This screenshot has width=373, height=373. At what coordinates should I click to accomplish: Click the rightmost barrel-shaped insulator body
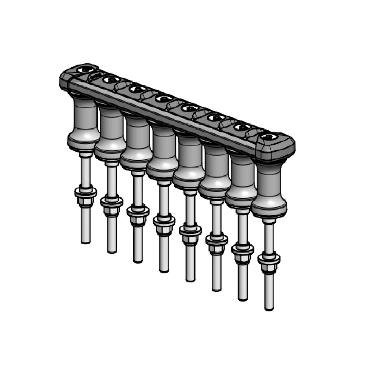coord(269,190)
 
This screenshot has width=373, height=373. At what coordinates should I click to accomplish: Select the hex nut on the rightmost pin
coord(269,268)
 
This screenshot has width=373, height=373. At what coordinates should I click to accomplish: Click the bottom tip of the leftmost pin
coord(85,242)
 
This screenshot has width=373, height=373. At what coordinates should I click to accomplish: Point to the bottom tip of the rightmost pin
coord(269,308)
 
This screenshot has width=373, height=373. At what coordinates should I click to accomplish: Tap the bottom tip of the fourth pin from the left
coord(164,270)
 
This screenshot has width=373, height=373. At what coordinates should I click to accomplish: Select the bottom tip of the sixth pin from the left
coord(216,289)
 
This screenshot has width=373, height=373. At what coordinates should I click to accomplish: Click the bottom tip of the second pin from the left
coord(112,251)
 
